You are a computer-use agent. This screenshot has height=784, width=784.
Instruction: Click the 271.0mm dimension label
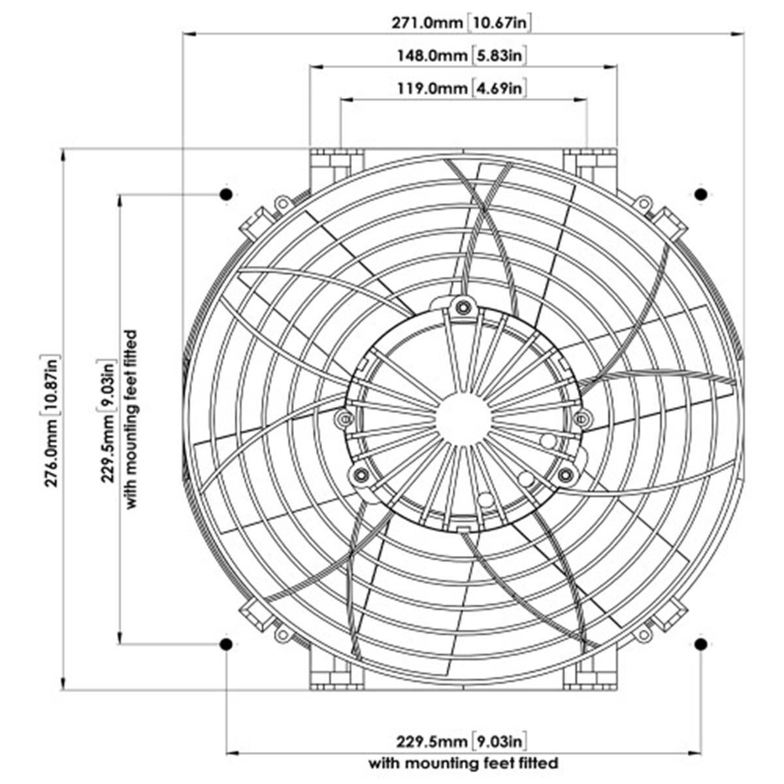click(x=428, y=24)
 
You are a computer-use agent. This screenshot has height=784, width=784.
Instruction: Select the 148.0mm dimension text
click(x=433, y=56)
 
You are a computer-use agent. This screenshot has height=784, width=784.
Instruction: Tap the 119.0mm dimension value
click(x=433, y=88)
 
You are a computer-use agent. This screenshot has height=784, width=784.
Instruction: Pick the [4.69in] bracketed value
click(x=498, y=88)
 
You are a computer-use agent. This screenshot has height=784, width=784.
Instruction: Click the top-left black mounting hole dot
click(x=226, y=194)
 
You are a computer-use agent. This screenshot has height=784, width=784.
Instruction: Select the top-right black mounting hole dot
click(x=700, y=194)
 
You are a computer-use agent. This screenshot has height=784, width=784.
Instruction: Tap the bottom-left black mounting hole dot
click(x=226, y=644)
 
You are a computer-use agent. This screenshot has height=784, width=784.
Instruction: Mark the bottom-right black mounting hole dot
click(x=700, y=644)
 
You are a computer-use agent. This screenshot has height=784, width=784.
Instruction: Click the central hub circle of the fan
click(x=463, y=419)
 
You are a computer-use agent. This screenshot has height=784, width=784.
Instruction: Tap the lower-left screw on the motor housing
click(x=359, y=475)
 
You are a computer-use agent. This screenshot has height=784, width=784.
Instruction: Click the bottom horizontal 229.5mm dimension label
click(x=431, y=742)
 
